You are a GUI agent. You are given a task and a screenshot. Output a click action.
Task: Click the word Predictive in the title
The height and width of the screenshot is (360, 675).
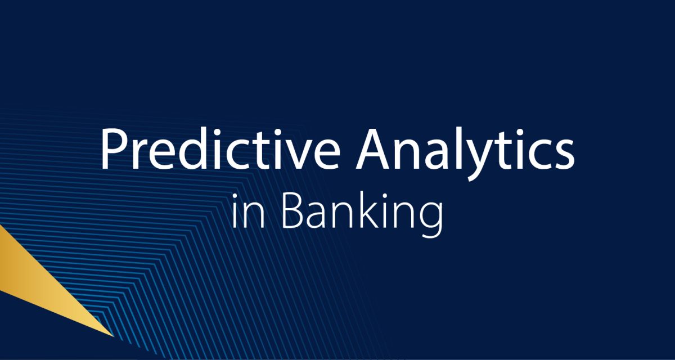[x=220, y=149]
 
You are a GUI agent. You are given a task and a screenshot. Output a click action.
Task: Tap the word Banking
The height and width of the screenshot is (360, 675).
[x=362, y=213]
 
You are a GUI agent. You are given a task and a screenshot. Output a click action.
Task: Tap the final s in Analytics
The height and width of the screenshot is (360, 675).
[x=564, y=156]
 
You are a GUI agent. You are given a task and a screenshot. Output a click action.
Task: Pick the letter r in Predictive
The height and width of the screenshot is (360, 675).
[x=141, y=155]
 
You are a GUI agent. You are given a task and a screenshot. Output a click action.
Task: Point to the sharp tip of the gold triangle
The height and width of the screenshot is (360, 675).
[x=114, y=336]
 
